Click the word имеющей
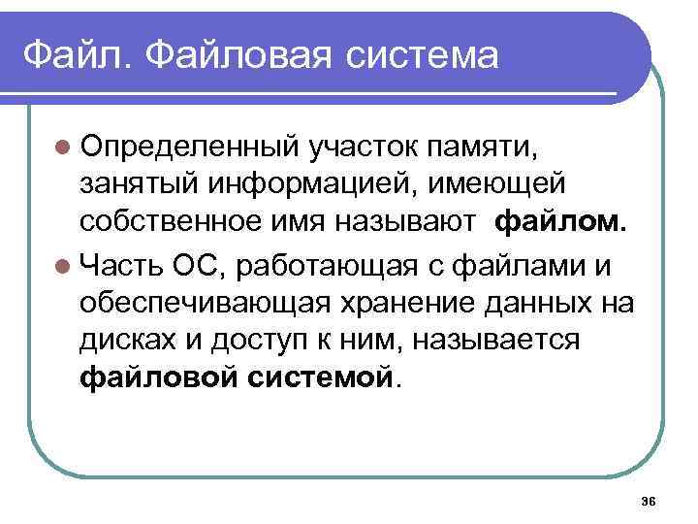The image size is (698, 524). pyautogui.click(x=509, y=186)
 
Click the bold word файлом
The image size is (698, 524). pyautogui.click(x=561, y=224)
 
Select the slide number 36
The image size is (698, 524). pyautogui.click(x=649, y=500)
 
